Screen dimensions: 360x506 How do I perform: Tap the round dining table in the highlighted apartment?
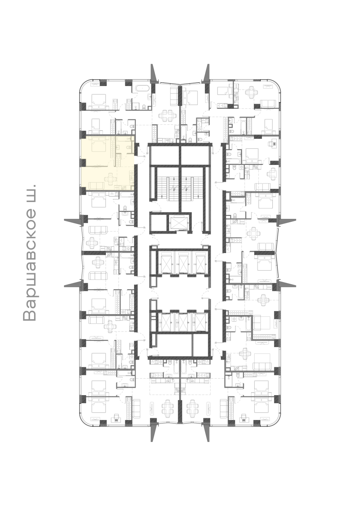coord(111,179)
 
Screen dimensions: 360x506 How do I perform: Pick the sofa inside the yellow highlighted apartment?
coord(97,186)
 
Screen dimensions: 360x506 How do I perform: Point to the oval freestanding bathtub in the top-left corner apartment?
coord(141,89)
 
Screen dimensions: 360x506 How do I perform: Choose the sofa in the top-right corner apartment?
coord(268,104)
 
